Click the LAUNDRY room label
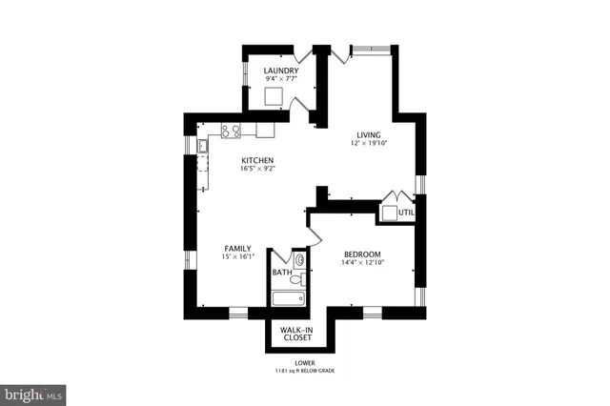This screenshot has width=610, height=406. coord(281,71)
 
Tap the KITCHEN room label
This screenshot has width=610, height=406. coord(257,160)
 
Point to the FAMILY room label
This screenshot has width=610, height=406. coord(237,249)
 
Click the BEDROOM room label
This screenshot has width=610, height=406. coord(362,254)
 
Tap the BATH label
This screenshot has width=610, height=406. coord(282,273)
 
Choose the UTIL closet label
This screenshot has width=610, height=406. coord(407,213)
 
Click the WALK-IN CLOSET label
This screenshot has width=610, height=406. coord(295,334)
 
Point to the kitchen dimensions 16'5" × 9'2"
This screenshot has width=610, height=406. coord(257,170)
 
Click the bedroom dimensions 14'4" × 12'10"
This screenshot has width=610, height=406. coord(362,263)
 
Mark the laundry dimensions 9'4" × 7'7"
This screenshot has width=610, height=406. coord(281,80)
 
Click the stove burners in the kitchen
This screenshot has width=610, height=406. coord(231,131)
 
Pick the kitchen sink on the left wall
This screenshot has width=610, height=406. coord(203,146)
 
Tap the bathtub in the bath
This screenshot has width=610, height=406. coord(287,299)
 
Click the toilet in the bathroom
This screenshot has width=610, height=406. coord(299,259)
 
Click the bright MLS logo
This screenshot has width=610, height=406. coord(34,392)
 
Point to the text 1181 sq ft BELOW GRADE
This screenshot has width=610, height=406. coord(304,370)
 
